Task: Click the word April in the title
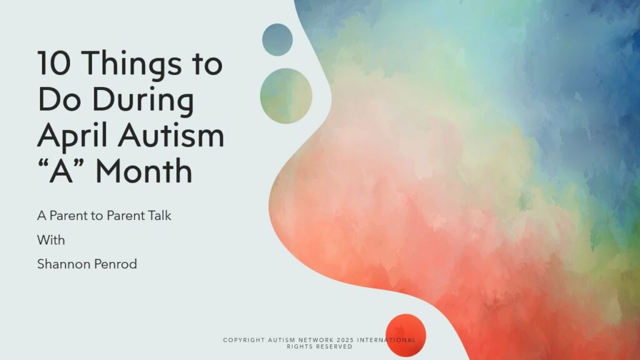(x=75, y=135)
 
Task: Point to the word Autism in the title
(x=171, y=135)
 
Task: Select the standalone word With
(x=51, y=240)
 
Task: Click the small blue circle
(x=277, y=39)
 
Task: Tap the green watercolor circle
(x=286, y=96)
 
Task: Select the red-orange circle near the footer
(x=406, y=336)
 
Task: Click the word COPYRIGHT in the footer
(x=244, y=340)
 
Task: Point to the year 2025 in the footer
(x=345, y=340)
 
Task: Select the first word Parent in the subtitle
(x=69, y=216)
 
